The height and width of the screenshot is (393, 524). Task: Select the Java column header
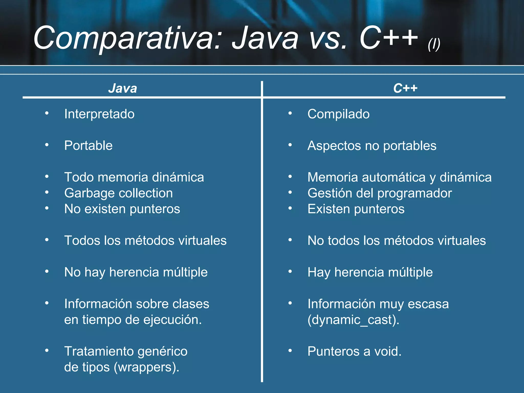(x=123, y=89)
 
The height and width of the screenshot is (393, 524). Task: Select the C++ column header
(x=405, y=89)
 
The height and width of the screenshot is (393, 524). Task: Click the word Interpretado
(x=99, y=114)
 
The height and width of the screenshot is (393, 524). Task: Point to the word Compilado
(x=339, y=114)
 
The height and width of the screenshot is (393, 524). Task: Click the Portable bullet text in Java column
(x=88, y=146)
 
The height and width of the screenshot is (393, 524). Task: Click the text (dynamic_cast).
(x=353, y=320)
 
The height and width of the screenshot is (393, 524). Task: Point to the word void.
(x=388, y=351)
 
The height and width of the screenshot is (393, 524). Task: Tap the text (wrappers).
(x=147, y=367)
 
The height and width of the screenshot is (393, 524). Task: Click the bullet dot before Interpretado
(x=47, y=113)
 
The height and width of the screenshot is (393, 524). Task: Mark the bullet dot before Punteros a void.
(x=290, y=351)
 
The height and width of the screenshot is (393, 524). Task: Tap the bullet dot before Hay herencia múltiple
(x=290, y=271)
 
